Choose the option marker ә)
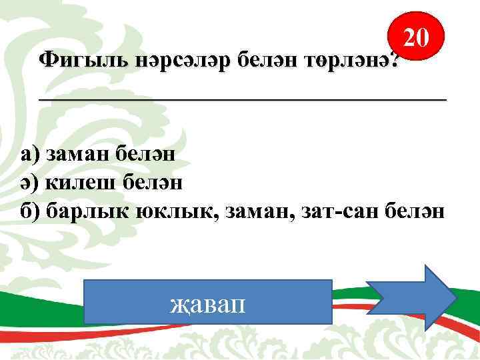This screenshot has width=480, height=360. pos(30,183)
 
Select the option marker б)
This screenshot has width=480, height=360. pos(31,211)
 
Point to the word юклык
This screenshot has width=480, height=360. pos(173,211)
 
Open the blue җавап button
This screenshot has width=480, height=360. pos(209,305)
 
